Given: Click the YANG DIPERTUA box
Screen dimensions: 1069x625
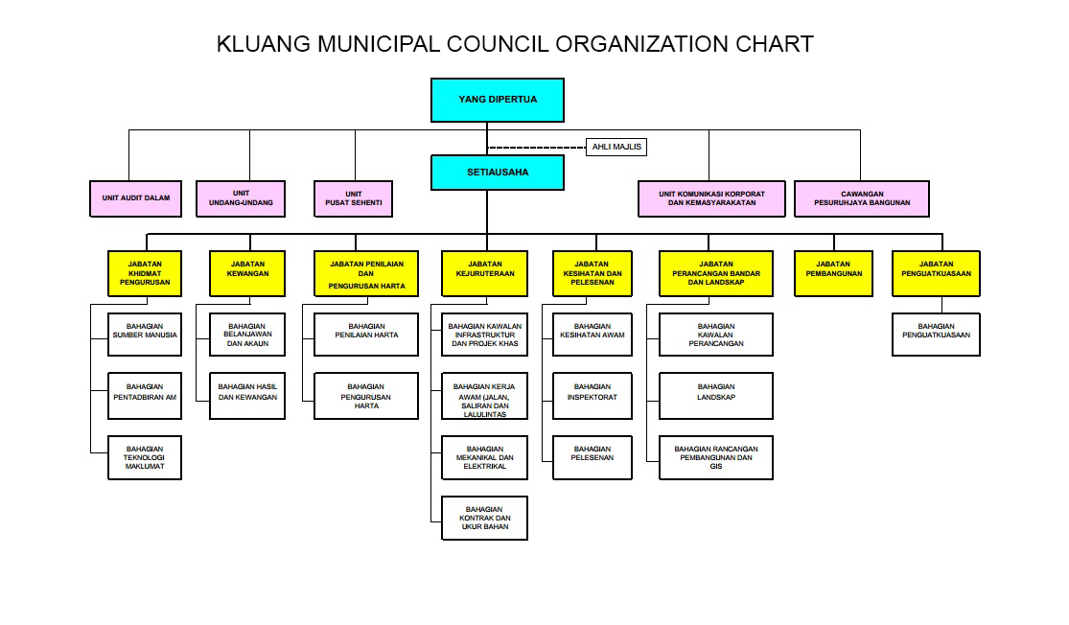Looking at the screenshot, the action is pos(497,100).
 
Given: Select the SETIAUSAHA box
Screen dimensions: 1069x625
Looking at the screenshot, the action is pos(497,173).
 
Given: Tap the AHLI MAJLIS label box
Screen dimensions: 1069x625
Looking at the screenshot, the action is pos(616,147).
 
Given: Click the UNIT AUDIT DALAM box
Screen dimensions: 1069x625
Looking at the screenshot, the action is pos(136,198).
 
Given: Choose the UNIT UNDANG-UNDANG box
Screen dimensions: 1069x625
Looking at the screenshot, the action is pos(241,198).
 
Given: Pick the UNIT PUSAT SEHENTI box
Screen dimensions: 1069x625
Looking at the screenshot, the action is pos(353,198).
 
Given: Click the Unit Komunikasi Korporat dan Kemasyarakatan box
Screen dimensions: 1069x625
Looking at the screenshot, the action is pos(711,198).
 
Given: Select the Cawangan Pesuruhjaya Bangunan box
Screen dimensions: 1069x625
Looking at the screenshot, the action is pos(862,198).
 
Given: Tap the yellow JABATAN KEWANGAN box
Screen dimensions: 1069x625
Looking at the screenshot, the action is pos(247,273).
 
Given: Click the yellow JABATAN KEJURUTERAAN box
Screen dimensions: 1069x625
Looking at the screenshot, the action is pos(485,273).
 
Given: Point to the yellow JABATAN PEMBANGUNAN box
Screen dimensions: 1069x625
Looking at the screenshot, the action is pos(834,273).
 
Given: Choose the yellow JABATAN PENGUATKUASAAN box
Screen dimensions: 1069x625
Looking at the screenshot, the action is pos(936,273).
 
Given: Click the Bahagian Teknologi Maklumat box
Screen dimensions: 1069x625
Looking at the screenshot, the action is pos(145,457).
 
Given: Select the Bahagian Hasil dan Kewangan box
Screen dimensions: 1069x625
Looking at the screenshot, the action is pos(247,395).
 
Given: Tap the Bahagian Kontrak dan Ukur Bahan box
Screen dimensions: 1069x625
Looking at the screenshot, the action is pos(485,518).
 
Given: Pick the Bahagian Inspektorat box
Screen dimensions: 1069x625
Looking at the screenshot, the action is pos(593,395).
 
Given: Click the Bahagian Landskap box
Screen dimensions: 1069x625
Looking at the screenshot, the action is pos(716,395).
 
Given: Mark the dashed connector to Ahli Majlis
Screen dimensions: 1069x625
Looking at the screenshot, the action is pos(537,148).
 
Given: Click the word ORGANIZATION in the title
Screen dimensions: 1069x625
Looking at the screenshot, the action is pos(641,44).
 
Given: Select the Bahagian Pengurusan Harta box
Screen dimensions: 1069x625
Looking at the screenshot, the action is pos(366,395).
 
